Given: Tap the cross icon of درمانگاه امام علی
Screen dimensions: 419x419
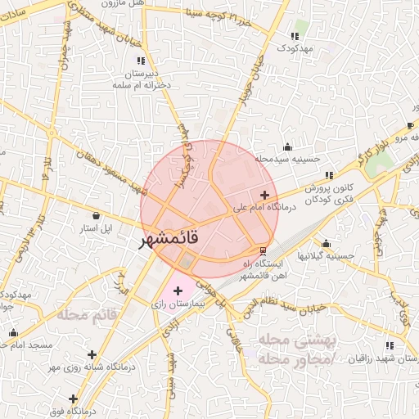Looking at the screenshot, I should click(264, 195).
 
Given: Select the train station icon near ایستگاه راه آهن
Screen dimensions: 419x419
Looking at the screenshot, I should click(262, 250).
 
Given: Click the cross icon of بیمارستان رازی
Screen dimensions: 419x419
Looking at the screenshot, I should click(178, 291).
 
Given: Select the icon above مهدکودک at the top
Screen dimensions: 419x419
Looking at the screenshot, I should click(295, 36).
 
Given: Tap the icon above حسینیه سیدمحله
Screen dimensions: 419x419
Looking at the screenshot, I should click(286, 146).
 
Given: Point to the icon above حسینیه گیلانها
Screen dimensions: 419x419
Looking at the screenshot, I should click(327, 243).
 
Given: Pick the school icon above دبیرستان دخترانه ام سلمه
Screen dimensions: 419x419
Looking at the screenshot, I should click(142, 60).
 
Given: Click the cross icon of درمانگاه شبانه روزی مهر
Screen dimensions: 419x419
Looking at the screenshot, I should click(92, 354).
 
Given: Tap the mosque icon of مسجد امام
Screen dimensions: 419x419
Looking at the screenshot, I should click(12, 333).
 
